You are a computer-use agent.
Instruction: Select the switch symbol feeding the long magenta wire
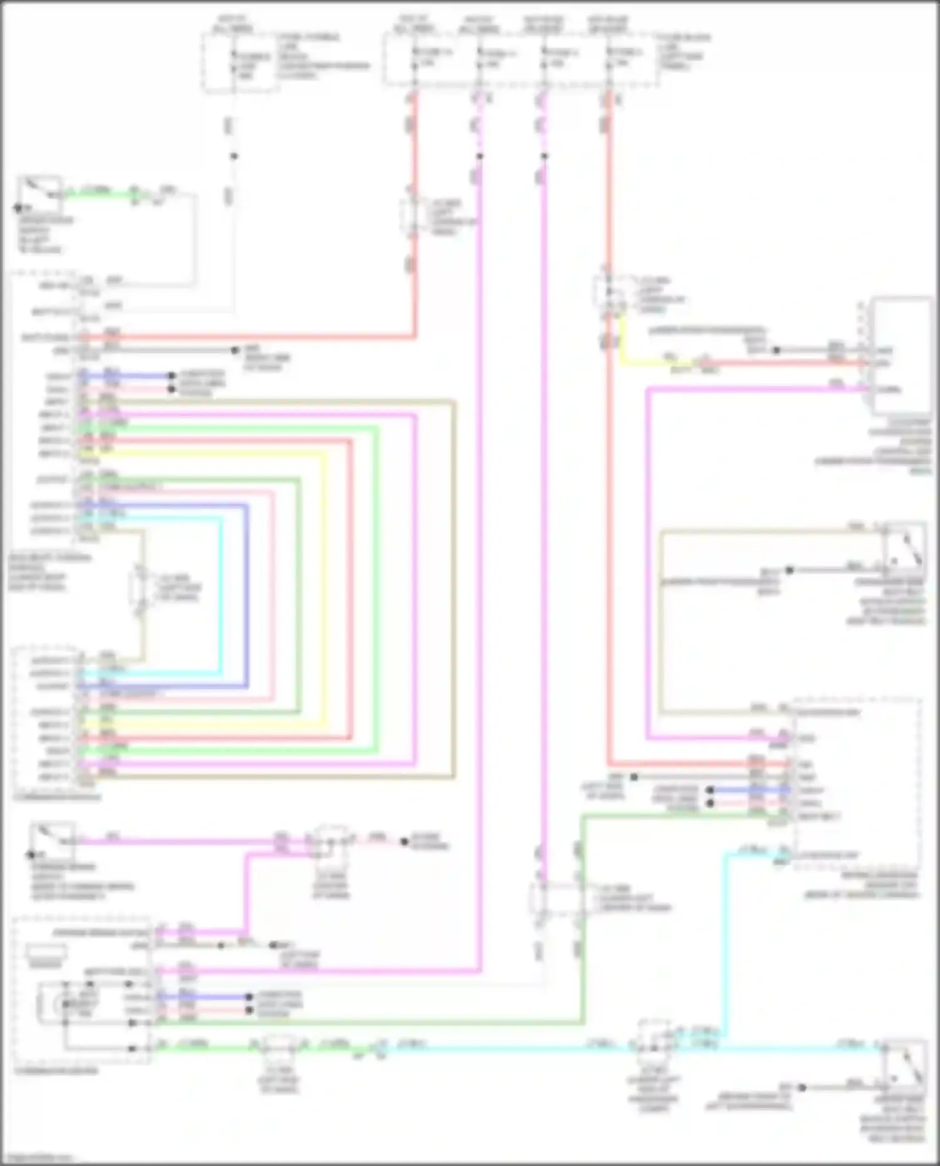(53, 839)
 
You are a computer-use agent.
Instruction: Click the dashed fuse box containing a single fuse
(240, 63)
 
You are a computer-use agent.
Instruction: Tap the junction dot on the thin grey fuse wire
(234, 156)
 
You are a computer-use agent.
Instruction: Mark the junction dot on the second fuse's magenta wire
(480, 156)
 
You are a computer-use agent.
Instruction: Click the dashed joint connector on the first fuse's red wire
(412, 217)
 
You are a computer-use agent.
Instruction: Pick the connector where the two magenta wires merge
(332, 843)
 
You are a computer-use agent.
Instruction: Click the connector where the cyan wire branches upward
(655, 1043)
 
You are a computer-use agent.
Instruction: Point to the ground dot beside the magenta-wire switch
(29, 855)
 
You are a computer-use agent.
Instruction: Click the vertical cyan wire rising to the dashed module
(727, 946)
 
